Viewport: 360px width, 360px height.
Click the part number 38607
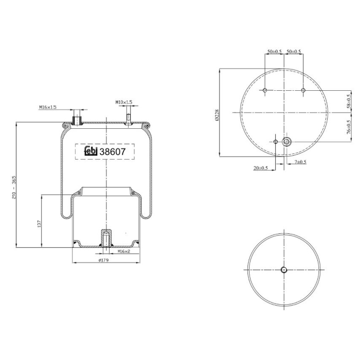(x=113, y=151)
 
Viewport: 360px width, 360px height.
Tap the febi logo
(x=91, y=151)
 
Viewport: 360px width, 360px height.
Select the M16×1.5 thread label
(x=48, y=107)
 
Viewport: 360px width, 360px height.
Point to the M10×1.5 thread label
(x=124, y=102)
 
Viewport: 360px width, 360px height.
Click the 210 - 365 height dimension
(x=14, y=187)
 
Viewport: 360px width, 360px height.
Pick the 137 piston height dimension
(x=39, y=224)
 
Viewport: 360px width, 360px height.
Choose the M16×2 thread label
(x=124, y=251)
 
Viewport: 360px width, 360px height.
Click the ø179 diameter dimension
(x=103, y=260)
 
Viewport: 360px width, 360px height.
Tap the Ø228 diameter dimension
(x=217, y=115)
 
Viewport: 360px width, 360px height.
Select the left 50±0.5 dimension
(x=274, y=51)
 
